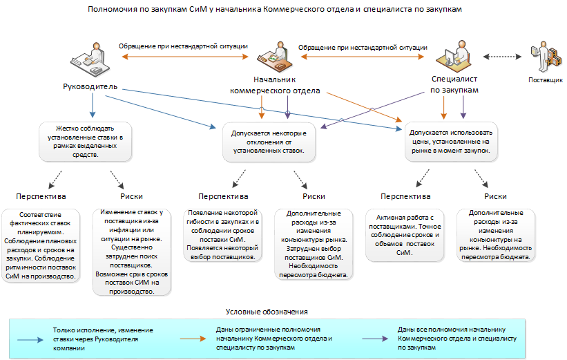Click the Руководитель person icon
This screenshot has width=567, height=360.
point(90,59)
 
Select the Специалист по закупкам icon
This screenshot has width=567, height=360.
point(454,56)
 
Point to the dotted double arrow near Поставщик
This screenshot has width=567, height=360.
point(502,57)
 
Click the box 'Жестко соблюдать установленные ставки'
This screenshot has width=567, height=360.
point(86,142)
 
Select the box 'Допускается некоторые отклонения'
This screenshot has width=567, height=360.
point(269,142)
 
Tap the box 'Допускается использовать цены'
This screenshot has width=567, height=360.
point(451,142)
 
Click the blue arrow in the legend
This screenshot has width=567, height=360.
point(30,340)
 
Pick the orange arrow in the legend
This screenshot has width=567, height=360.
point(193,339)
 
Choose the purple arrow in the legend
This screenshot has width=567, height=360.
point(375,339)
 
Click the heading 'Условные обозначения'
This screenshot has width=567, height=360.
point(267,312)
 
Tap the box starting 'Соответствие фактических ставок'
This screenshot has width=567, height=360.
point(41,245)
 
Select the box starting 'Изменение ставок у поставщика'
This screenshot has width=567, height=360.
point(132,252)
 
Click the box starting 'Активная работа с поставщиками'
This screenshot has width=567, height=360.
point(405,235)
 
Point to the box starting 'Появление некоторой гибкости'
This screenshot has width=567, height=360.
point(222,235)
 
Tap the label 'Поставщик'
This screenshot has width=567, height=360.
point(546,80)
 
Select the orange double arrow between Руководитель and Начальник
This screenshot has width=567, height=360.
point(185,57)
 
